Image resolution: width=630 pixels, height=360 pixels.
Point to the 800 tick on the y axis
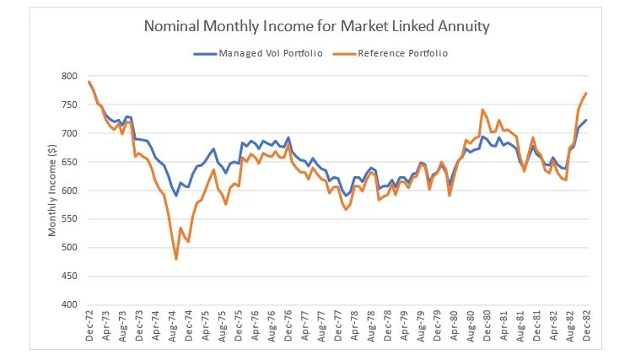pyautogui.click(x=70, y=77)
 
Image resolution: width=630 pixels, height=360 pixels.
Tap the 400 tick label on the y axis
pyautogui.click(x=70, y=304)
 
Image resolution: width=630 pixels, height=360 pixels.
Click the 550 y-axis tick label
pyautogui.click(x=70, y=219)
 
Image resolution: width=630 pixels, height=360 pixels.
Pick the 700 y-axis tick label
pyautogui.click(x=70, y=133)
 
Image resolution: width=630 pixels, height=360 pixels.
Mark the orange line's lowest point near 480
pyautogui.click(x=175, y=259)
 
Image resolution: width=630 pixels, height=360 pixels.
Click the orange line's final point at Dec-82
pyautogui.click(x=586, y=93)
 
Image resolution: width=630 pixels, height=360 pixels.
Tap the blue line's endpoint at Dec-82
pyautogui.click(x=586, y=120)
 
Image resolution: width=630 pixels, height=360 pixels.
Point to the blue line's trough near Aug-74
pyautogui.click(x=175, y=195)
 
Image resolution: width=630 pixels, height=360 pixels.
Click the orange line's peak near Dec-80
pyautogui.click(x=482, y=110)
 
